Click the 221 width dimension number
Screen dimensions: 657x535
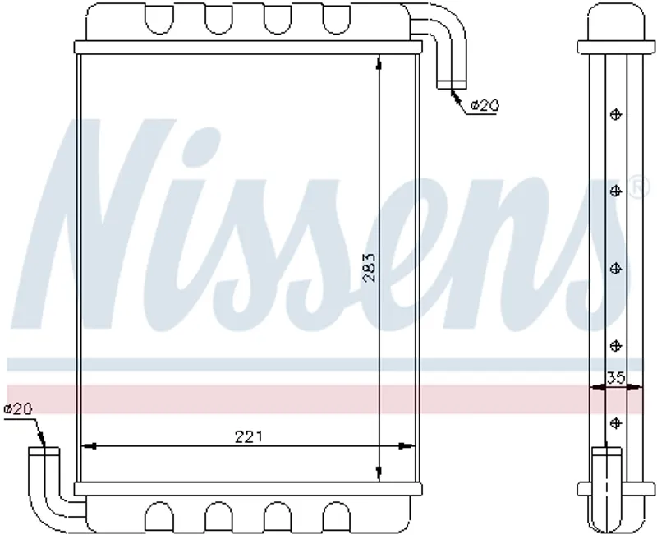249,437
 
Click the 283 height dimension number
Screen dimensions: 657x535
369,268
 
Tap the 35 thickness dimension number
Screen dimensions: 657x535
615,378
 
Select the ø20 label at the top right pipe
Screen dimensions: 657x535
485,105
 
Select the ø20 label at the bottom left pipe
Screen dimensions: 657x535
18,408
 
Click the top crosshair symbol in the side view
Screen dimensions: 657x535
615,114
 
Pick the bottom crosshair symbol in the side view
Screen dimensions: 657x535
615,423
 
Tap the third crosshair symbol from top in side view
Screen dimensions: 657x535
615,269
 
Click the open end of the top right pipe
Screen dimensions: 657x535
451,85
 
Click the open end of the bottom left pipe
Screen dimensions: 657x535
44,451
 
